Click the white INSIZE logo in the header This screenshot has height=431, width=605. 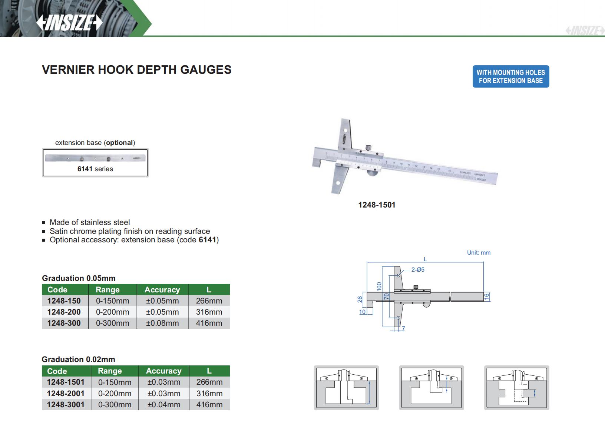[69, 22]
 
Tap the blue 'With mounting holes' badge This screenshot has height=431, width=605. [511, 76]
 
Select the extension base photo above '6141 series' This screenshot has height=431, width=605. [95, 158]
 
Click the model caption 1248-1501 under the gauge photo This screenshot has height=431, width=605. [377, 205]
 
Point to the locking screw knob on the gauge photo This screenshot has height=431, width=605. [368, 148]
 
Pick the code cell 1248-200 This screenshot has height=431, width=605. [64, 312]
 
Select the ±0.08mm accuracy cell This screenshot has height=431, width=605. [162, 323]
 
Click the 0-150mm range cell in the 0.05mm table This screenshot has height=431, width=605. [113, 301]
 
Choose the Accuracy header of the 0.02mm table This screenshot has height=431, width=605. [164, 371]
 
